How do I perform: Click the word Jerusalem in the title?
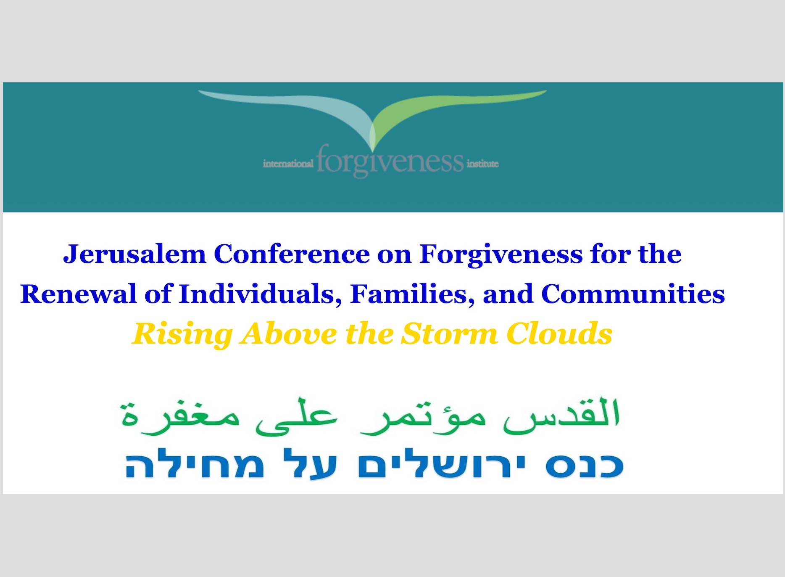tap(134, 254)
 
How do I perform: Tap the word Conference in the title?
tap(292, 254)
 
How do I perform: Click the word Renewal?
tap(78, 294)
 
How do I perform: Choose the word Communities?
tap(633, 294)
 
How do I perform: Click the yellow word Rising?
tap(182, 335)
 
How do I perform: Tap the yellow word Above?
tap(288, 334)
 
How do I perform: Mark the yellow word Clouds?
tap(559, 334)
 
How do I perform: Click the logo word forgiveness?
tap(390, 161)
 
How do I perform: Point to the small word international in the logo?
tap(288, 164)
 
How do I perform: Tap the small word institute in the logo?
tap(482, 164)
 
